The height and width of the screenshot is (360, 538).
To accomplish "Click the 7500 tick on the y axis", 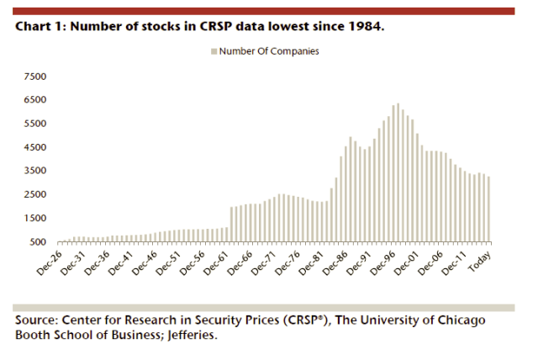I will point(35,76).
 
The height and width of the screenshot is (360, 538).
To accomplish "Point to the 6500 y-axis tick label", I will point(35,99).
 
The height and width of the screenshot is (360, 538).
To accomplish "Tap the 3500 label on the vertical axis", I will point(35,171).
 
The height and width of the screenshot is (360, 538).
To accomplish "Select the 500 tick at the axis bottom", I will point(38,242).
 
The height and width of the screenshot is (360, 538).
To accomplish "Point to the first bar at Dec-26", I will point(58,241).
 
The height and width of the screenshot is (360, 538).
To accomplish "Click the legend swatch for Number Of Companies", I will point(214,51).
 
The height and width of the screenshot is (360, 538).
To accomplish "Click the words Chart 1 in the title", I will point(38,27).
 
